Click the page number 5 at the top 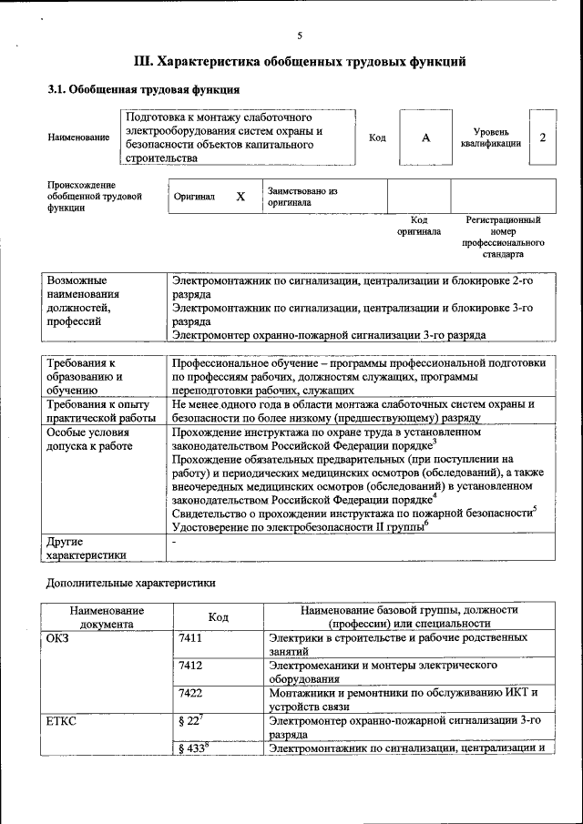coord(300,36)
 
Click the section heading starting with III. coord(300,62)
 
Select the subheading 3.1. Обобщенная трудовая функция coord(144,90)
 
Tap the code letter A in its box coord(425,137)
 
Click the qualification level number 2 coord(543,137)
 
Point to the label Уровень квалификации coord(491,137)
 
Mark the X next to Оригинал coord(240,197)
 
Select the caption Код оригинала coord(419,226)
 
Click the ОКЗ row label coord(58,638)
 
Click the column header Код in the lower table coord(219,616)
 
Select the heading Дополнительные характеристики coord(132,581)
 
